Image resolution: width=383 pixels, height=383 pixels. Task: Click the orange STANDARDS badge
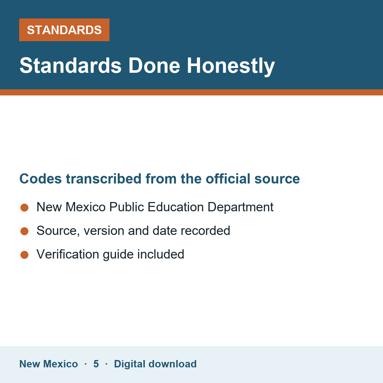coord(64,30)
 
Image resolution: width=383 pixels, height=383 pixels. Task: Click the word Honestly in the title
coord(231,66)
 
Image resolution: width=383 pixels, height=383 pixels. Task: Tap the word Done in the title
coord(154,66)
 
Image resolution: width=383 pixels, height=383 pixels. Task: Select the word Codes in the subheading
coord(41,179)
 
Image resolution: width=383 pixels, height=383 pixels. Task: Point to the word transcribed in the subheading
coord(103,179)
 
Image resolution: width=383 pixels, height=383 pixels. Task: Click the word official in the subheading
coord(228,179)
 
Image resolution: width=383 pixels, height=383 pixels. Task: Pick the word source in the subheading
coord(277,179)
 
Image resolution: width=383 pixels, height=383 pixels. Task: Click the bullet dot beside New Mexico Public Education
coord(25,208)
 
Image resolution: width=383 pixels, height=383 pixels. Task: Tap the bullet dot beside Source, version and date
coord(25,231)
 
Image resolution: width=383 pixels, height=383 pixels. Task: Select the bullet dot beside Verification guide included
coord(25,255)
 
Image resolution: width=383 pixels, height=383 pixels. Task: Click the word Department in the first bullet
coord(241,207)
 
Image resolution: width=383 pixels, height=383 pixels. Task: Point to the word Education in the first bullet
coord(176,207)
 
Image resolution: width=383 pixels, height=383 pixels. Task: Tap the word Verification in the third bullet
coord(68,254)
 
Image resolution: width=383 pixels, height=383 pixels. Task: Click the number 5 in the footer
coord(96,364)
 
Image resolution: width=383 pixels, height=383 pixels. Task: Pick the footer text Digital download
coord(155,364)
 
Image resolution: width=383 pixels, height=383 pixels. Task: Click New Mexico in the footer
coord(49,364)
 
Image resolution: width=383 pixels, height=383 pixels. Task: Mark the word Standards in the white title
coord(70,66)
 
